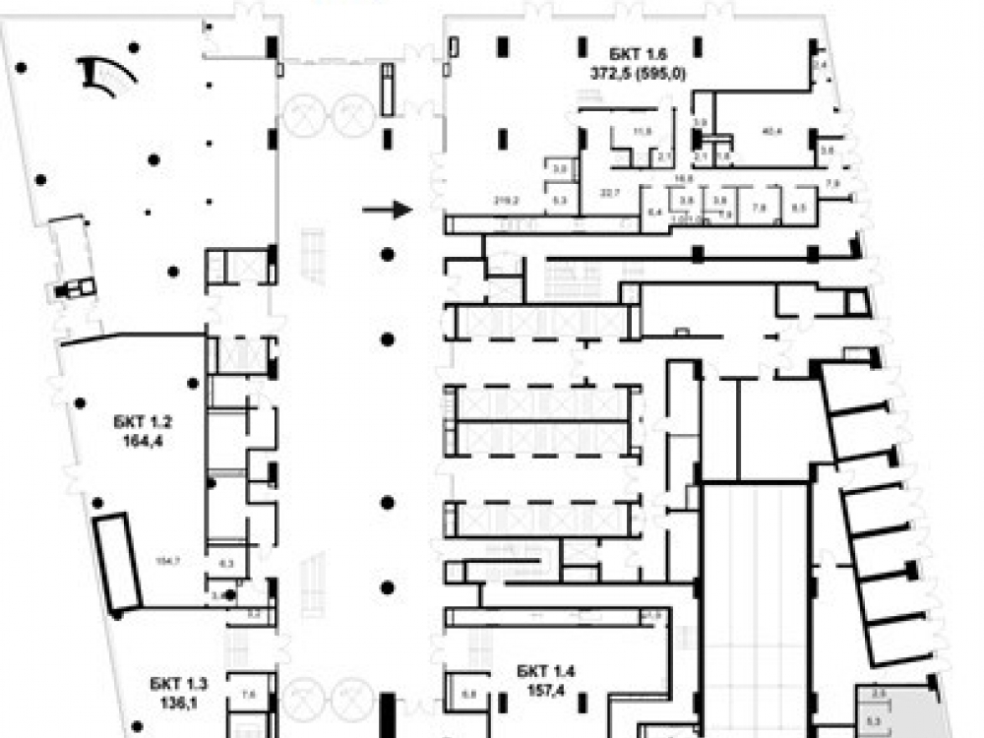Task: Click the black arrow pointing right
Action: pyautogui.click(x=386, y=209)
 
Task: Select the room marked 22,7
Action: pyautogui.click(x=618, y=193)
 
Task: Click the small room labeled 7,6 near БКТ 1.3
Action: pyautogui.click(x=248, y=694)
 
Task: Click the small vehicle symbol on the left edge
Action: pyautogui.click(x=76, y=288)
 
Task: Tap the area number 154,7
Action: pyautogui.click(x=169, y=561)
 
